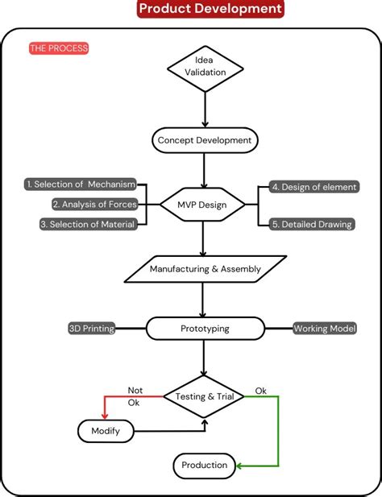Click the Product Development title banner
(x=210, y=9)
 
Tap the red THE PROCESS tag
(x=58, y=48)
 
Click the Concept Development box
(x=205, y=140)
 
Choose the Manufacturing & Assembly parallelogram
(x=206, y=268)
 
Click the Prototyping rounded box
(x=205, y=328)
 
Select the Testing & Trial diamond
(x=205, y=396)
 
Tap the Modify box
(x=106, y=431)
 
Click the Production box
(x=204, y=465)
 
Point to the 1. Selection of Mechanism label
(x=81, y=184)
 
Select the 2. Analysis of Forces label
(x=93, y=204)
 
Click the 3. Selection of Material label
(x=87, y=224)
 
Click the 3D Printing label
(x=91, y=328)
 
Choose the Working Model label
(x=324, y=328)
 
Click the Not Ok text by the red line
(x=135, y=396)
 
